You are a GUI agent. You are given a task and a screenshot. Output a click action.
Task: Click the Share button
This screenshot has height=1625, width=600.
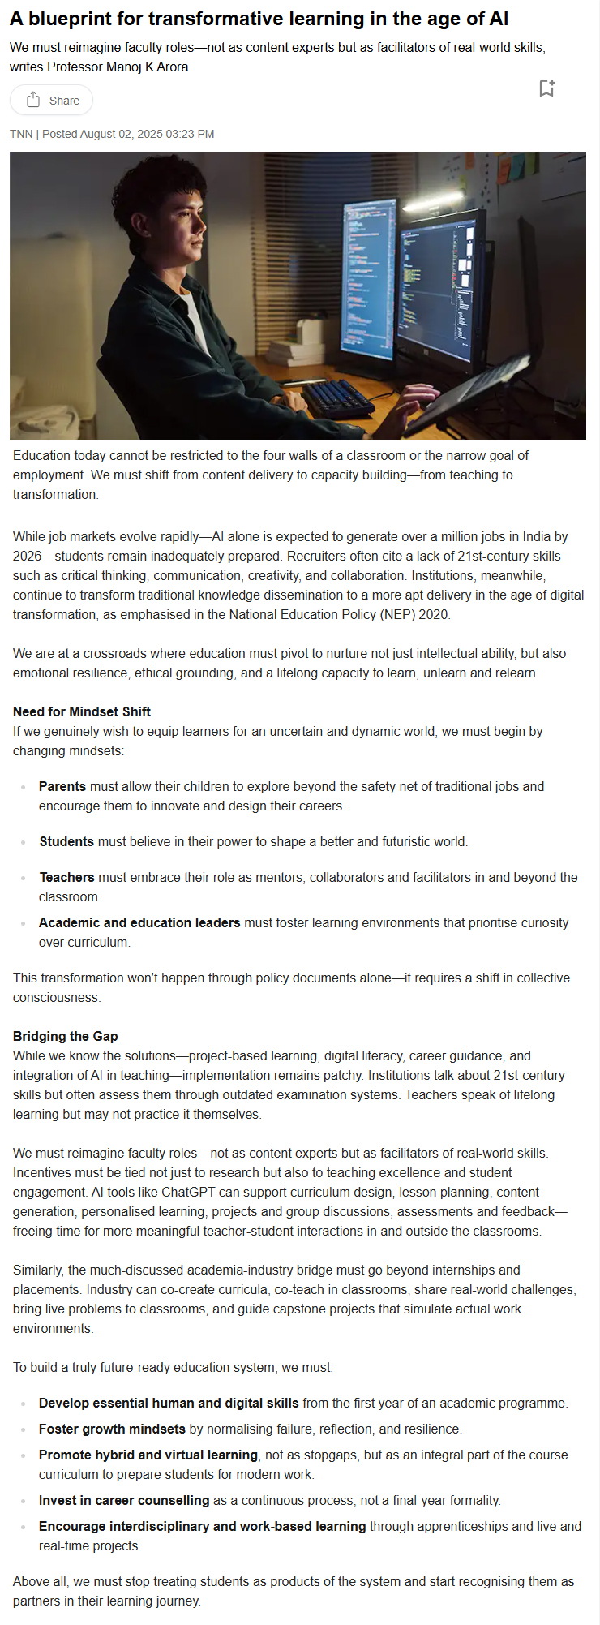tap(52, 101)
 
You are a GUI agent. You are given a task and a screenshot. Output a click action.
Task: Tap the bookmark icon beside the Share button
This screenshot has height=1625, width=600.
tap(546, 88)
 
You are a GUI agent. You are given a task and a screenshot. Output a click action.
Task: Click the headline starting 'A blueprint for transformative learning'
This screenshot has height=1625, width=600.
tap(259, 19)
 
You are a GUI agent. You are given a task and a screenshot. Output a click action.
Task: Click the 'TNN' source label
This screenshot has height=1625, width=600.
tap(21, 134)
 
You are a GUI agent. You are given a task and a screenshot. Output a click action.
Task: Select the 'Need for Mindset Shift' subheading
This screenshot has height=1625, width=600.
tap(82, 711)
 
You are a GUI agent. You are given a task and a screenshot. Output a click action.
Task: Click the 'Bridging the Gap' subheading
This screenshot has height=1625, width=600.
tap(66, 1036)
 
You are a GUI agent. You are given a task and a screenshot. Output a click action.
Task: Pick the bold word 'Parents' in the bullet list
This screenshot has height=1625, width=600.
tap(62, 786)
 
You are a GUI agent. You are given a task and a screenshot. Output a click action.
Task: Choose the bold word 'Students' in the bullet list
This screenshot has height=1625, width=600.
tap(66, 841)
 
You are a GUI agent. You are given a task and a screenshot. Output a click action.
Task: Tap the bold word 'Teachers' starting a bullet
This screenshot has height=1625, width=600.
tap(66, 877)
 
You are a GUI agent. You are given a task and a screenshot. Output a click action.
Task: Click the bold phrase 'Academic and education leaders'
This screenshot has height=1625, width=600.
tap(139, 922)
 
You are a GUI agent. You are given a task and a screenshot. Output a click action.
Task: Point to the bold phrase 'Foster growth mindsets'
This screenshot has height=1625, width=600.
tap(112, 1429)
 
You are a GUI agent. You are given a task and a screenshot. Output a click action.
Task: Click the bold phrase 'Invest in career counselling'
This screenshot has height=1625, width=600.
tap(124, 1500)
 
